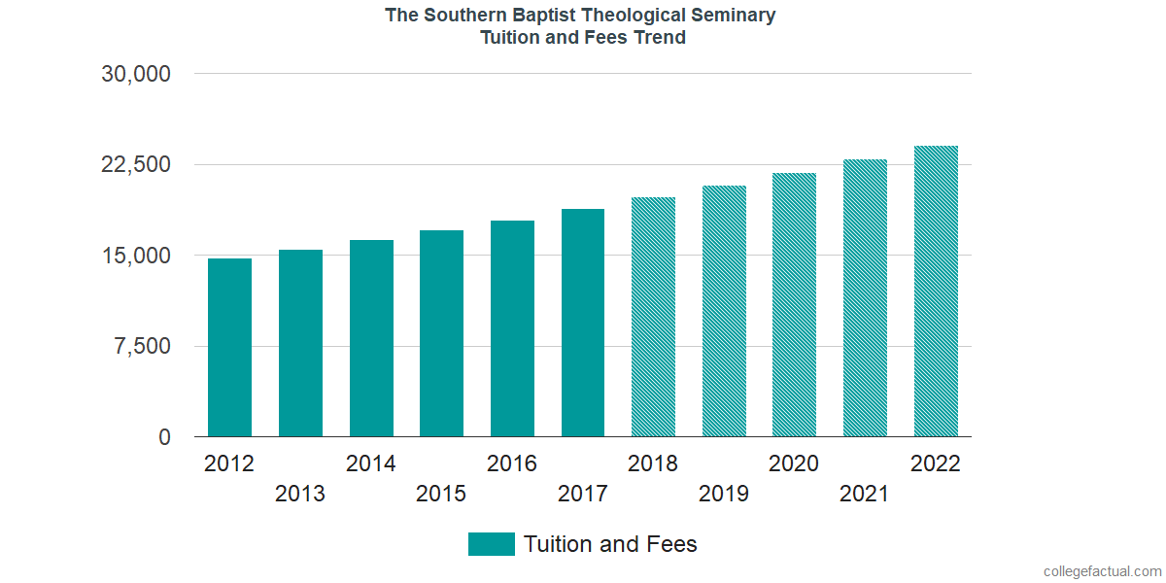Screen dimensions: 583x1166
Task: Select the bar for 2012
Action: (229, 347)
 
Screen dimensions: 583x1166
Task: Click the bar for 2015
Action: (441, 333)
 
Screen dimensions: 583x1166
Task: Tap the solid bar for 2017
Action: (583, 323)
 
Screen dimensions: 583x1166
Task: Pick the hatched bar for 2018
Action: (653, 317)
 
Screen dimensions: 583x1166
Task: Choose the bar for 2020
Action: (794, 305)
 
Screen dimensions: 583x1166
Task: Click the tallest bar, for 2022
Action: (936, 291)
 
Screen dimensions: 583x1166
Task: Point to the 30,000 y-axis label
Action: (137, 74)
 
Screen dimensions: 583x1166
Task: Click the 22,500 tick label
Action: (137, 164)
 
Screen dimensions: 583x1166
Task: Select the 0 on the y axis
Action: (165, 437)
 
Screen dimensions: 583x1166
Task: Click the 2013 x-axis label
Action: (300, 494)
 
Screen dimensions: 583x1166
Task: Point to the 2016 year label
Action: (512, 463)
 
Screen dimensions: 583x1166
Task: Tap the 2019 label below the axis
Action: (724, 494)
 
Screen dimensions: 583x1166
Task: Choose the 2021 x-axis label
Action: (865, 494)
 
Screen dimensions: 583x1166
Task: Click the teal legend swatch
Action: (491, 544)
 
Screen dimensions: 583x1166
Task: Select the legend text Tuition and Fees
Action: (610, 544)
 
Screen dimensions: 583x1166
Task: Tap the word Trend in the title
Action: (660, 38)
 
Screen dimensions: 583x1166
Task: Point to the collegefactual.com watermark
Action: (1102, 571)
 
